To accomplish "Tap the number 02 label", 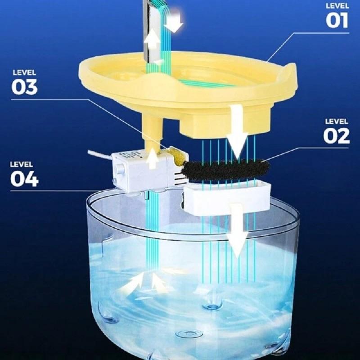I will pyautogui.click(x=337, y=135).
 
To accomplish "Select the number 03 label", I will pyautogui.click(x=24, y=86).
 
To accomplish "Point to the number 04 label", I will pyautogui.click(x=24, y=179).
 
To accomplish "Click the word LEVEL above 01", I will pyautogui.click(x=337, y=6).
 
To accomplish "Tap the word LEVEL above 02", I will pyautogui.click(x=337, y=121).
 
